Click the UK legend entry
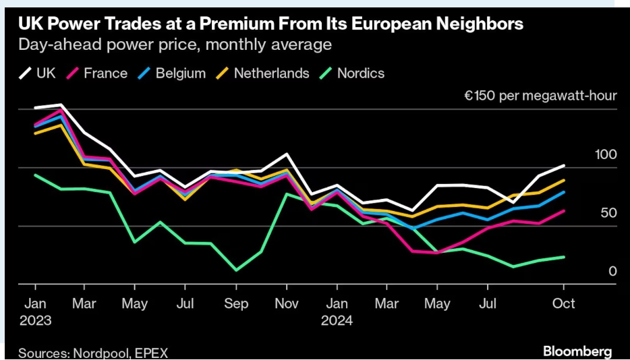pos(40,73)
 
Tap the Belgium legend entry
pos(173,73)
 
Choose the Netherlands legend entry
pos(264,73)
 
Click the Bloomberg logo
pos(577,351)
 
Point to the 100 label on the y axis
pos(606,155)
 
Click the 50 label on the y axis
pos(608,213)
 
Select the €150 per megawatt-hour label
pos(540,96)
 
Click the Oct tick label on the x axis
pos(564,303)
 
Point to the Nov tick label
pos(287,303)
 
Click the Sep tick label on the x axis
pos(235,303)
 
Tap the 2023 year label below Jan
pos(35,320)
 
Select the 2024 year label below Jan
pos(338,320)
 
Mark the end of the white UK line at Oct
pos(564,165)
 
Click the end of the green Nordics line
pos(564,257)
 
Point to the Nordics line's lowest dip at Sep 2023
pos(235,270)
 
